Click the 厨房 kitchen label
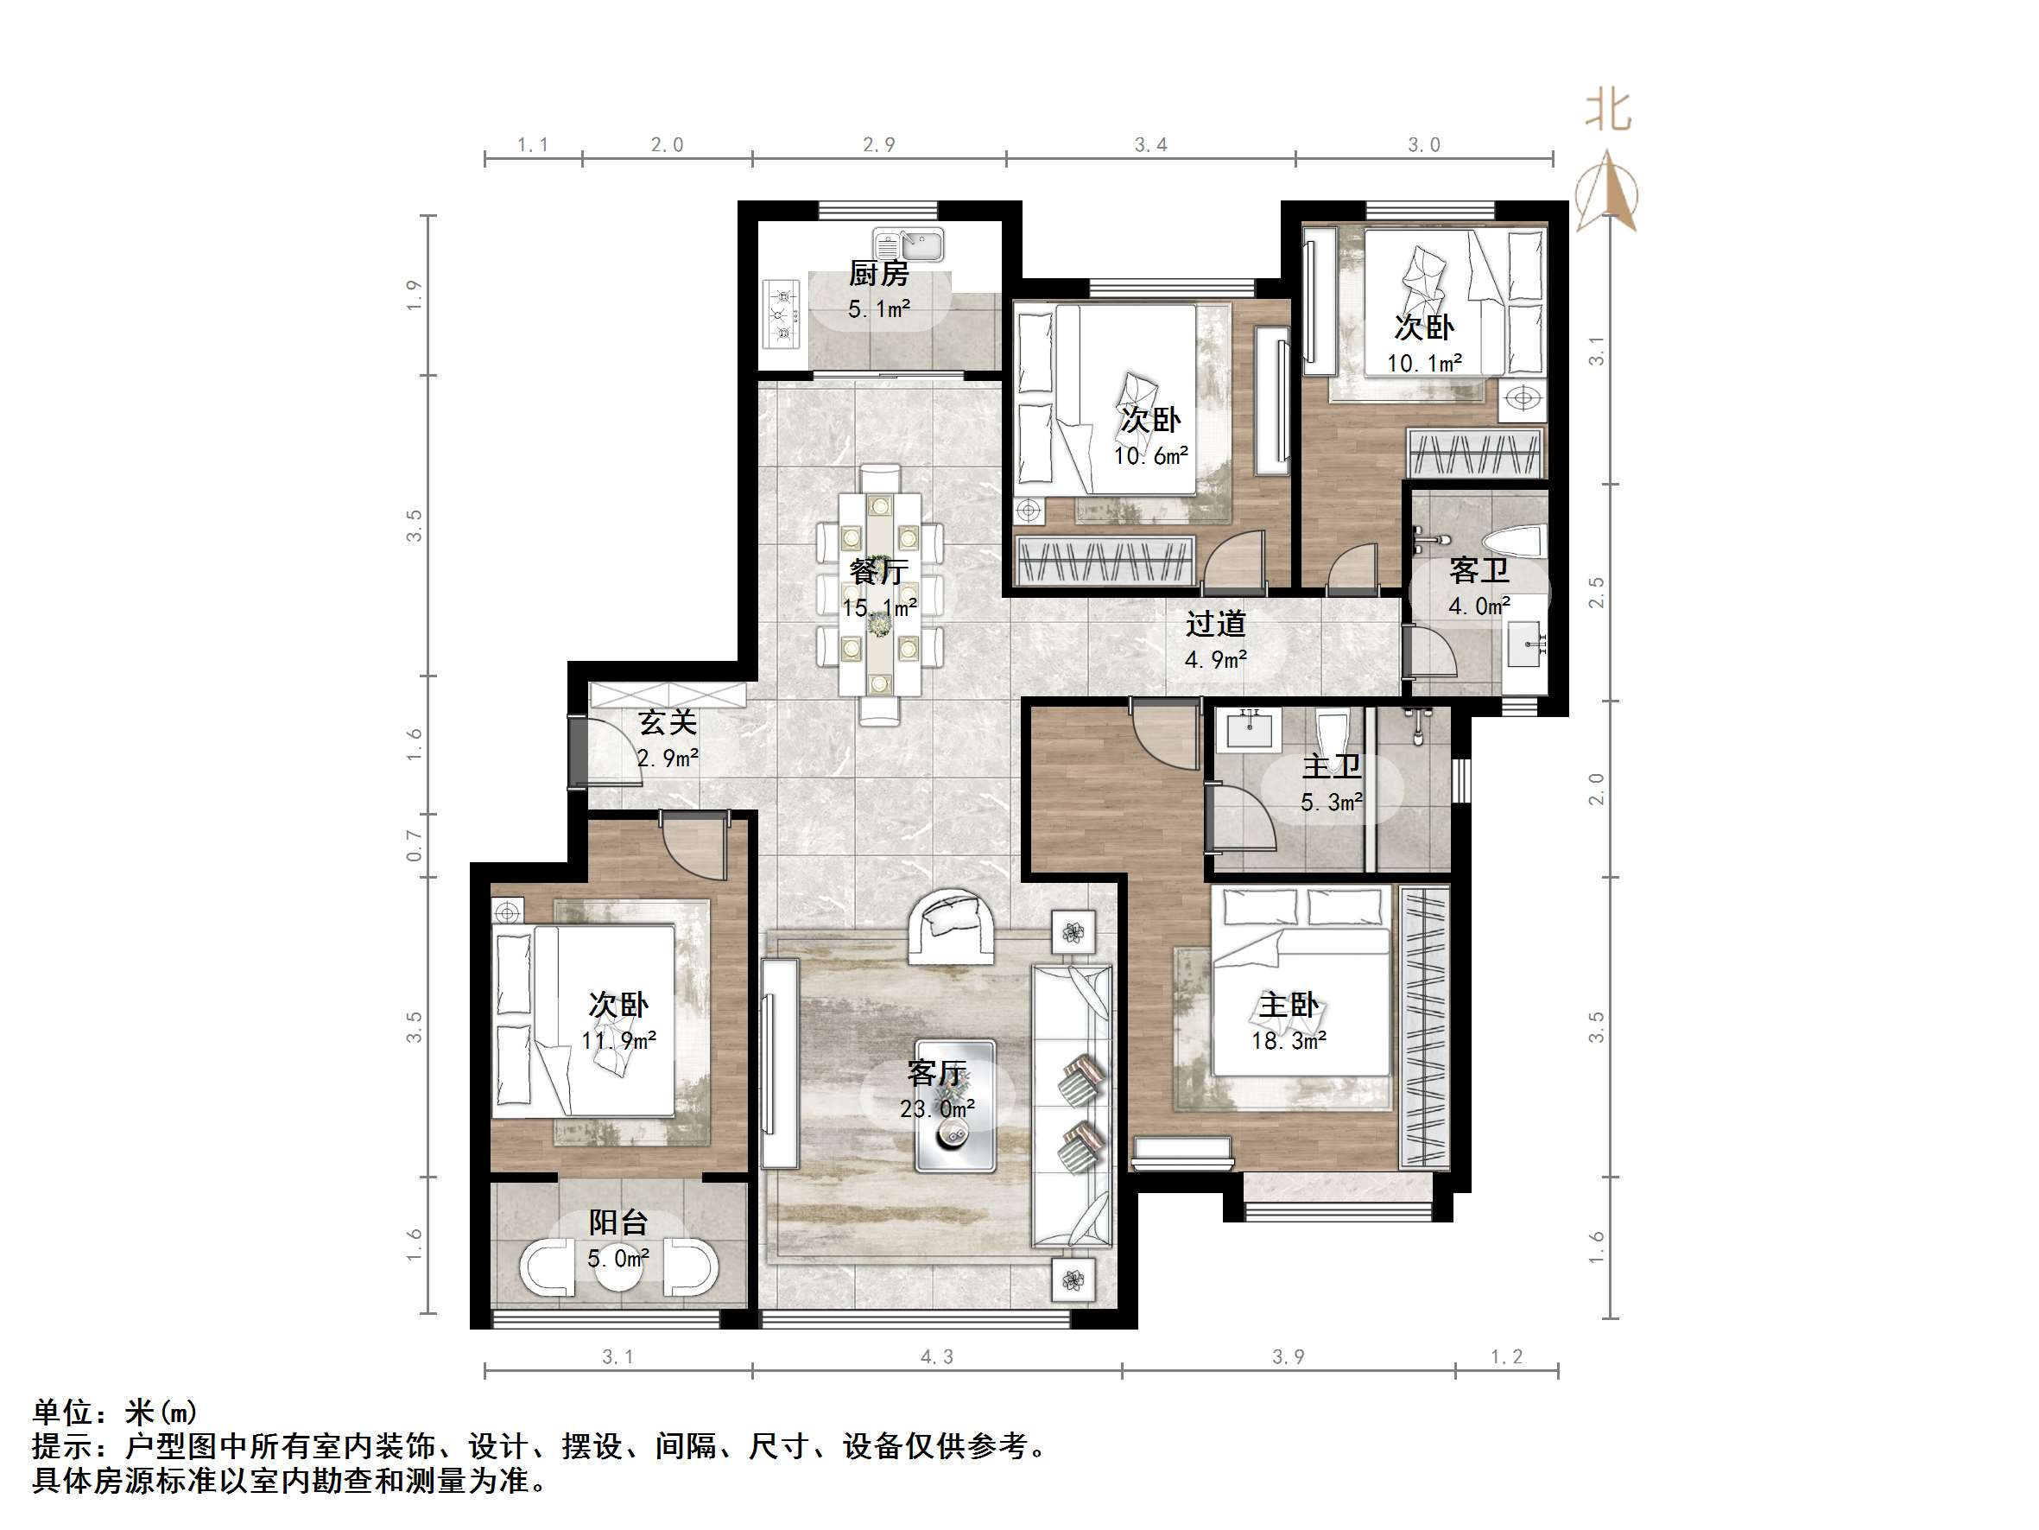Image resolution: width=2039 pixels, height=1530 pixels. coord(878,274)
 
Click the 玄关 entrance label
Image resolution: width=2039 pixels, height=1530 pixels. coord(668,722)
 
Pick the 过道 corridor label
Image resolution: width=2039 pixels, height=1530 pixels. coord(1215,625)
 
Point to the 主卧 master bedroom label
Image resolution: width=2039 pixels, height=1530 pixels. coord(1289,1006)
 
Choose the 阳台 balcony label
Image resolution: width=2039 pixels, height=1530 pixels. coord(618,1223)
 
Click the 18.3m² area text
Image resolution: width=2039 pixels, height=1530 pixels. coord(1289,1041)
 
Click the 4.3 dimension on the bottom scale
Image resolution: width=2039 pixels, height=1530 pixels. coord(936,1356)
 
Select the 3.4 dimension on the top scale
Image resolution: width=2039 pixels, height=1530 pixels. coord(1150,145)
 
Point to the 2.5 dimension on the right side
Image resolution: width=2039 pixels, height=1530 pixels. coord(1596,592)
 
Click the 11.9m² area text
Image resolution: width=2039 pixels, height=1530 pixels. coord(618,1041)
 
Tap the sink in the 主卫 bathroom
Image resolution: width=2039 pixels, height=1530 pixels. coord(1249,728)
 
